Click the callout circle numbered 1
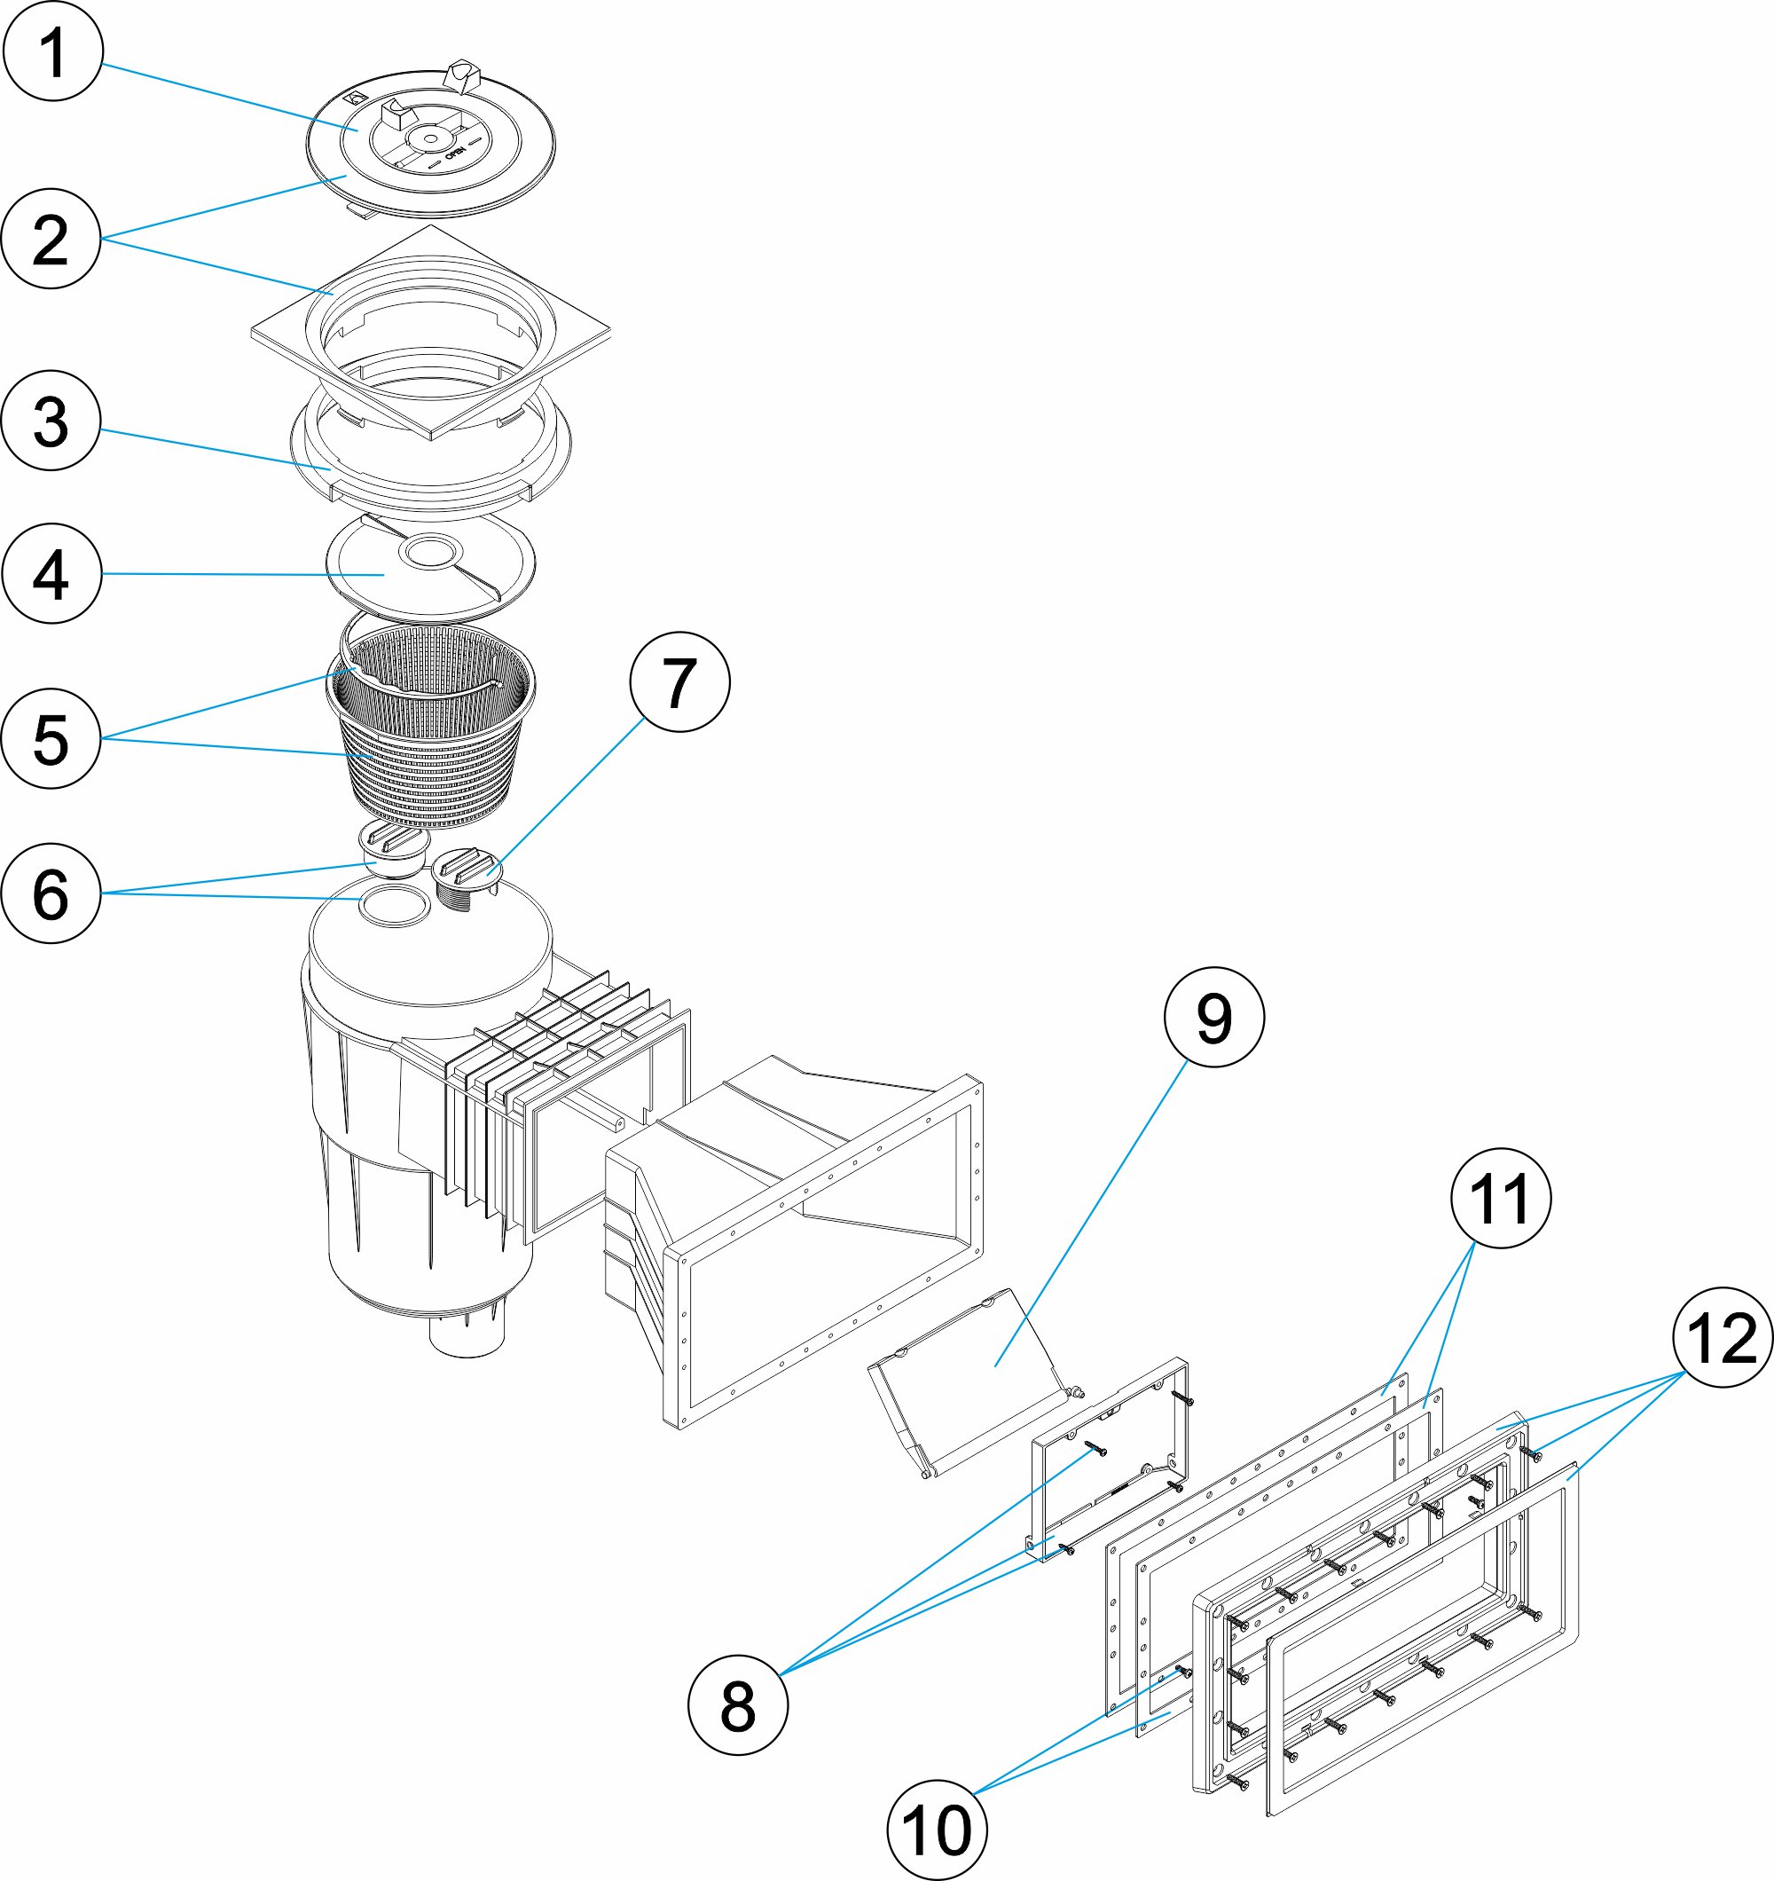[x=52, y=52]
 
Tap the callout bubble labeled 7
[x=679, y=681]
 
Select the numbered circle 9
[x=1214, y=1017]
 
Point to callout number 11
[x=1501, y=1198]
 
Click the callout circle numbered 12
[x=1722, y=1337]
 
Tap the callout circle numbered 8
[x=737, y=1705]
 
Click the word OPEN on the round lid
[x=454, y=153]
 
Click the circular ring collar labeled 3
[x=312, y=464]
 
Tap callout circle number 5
[x=51, y=738]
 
